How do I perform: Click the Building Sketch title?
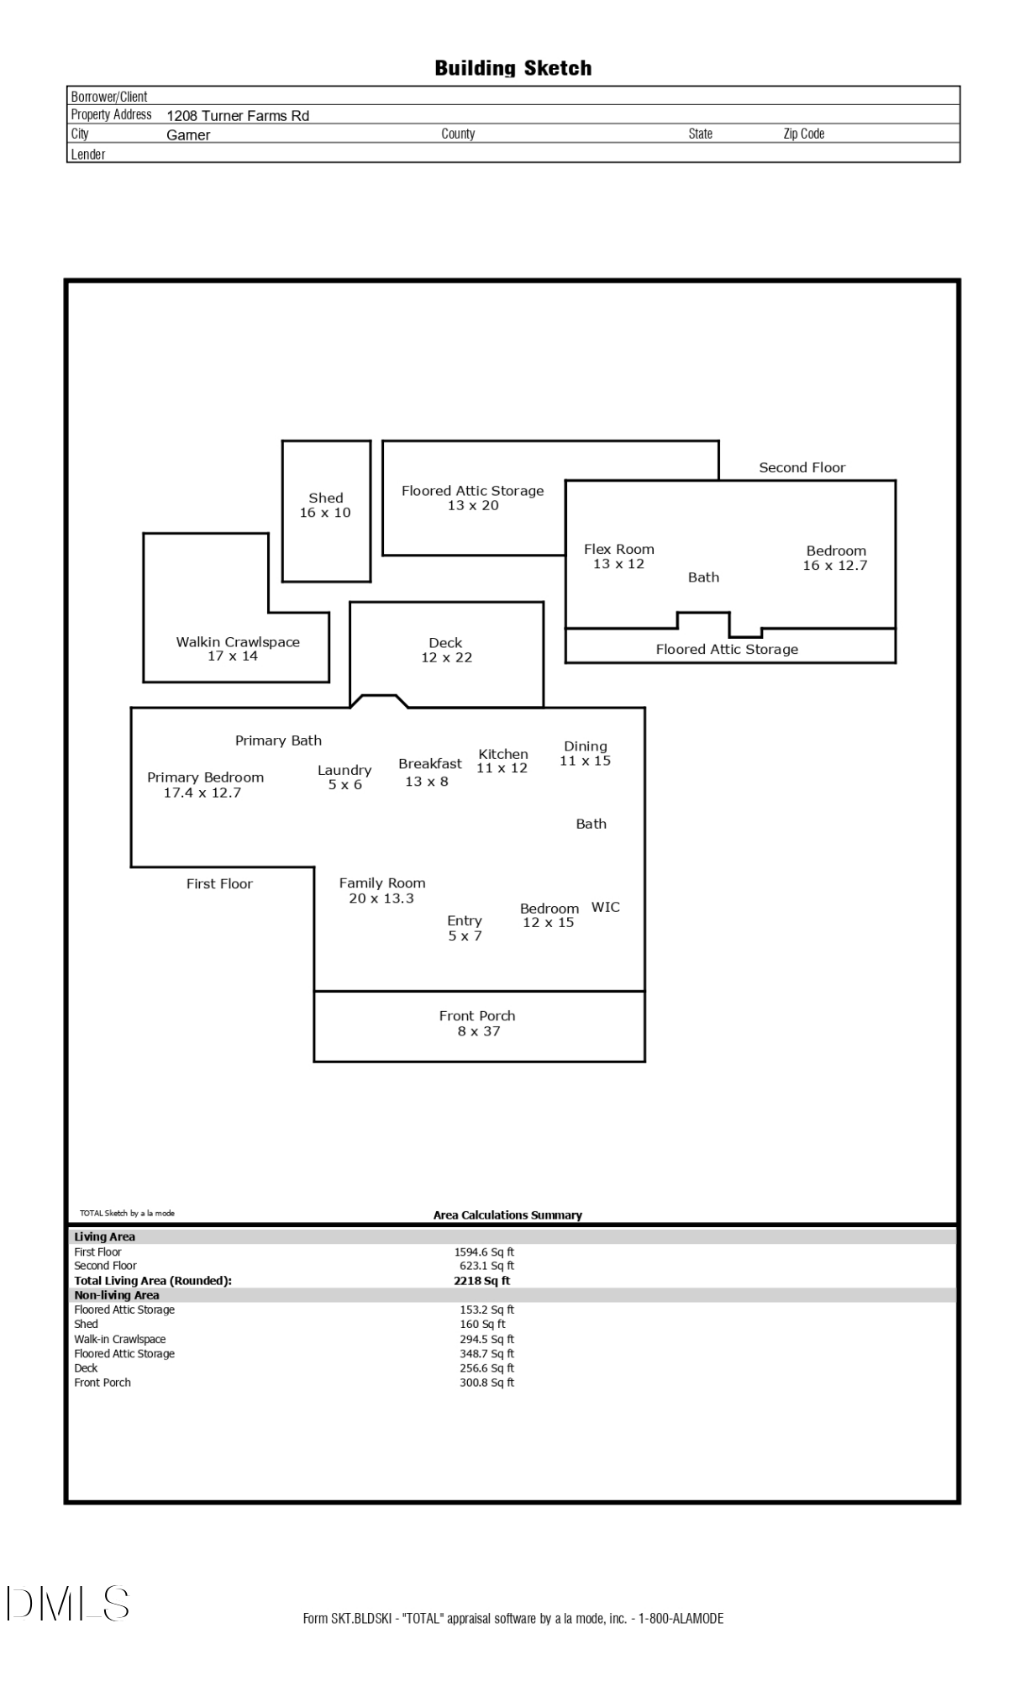pos(513,68)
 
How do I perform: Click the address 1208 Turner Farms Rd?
pos(238,116)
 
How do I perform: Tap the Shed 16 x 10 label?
pos(325,505)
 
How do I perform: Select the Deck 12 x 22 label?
pos(446,650)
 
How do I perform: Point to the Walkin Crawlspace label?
pos(237,648)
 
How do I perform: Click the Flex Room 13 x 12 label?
pos(618,556)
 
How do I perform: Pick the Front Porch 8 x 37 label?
pos(477,1023)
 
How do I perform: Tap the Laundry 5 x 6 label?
pos(344,777)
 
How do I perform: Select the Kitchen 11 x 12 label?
pos(502,761)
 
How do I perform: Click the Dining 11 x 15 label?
pos(585,753)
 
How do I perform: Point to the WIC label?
pos(605,907)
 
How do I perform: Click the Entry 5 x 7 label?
pos(465,928)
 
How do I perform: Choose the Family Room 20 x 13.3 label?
pos(381,890)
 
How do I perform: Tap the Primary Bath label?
pos(278,740)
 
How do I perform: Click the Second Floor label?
pos(802,467)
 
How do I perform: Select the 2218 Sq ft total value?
pos(481,1281)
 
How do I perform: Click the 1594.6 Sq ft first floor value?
pos(484,1252)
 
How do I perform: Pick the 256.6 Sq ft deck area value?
pos(486,1367)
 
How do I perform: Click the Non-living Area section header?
pos(117,1295)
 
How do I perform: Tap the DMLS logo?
pos(68,1603)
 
